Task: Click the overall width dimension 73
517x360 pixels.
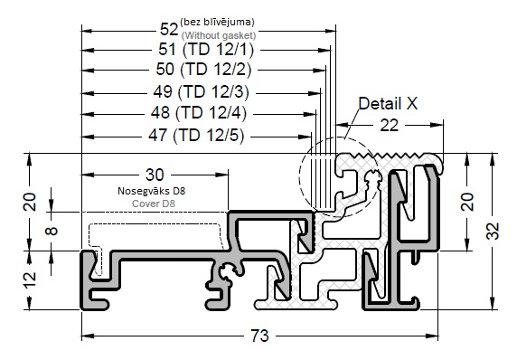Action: click(259, 336)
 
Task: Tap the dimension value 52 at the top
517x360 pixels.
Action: click(169, 29)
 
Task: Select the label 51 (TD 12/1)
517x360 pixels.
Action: click(206, 50)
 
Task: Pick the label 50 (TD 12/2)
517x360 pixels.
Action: click(203, 70)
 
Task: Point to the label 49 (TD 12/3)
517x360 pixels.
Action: click(202, 91)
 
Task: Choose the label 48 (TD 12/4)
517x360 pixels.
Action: click(199, 113)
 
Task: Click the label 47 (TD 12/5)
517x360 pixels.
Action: click(196, 136)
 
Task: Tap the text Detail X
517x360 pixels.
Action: click(388, 104)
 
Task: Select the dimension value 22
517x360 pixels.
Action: click(389, 126)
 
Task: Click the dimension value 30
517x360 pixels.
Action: click(155, 175)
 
